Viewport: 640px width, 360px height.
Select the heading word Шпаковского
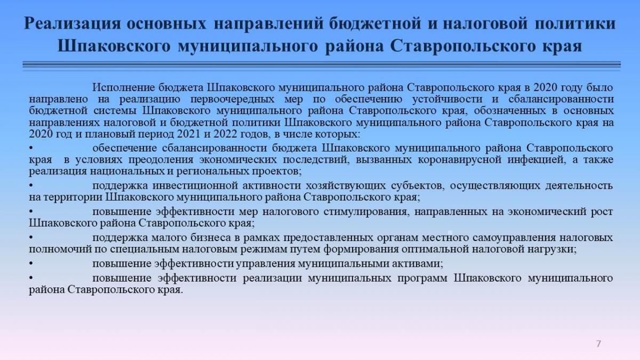(114, 46)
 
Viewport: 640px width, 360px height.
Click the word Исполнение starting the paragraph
(123, 87)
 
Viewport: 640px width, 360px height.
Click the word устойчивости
(447, 99)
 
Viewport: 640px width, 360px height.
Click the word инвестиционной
(195, 186)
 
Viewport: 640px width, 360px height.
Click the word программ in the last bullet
(422, 278)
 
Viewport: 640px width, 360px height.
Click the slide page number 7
(598, 343)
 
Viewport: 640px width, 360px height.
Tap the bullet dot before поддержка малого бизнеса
(31, 238)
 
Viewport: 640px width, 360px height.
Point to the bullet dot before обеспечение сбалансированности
(31, 148)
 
